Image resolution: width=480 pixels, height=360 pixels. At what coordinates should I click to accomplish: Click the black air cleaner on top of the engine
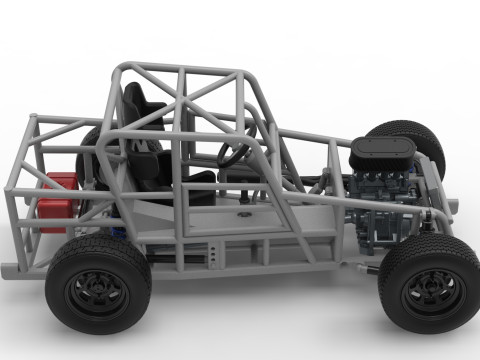click(x=381, y=153)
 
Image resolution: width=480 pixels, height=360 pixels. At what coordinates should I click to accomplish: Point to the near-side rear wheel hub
click(x=97, y=290)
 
